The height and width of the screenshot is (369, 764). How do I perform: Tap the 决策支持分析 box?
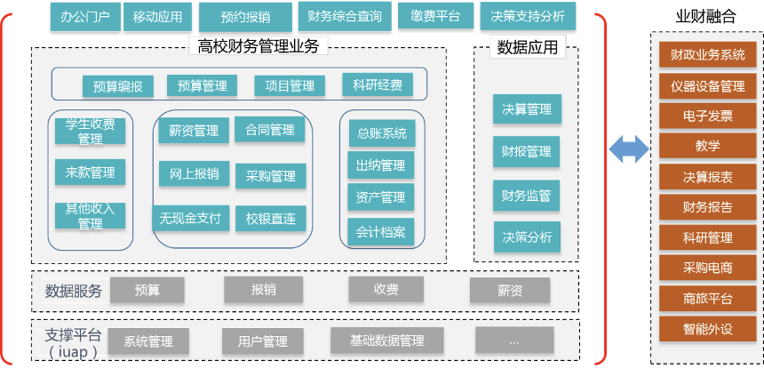pos(527,16)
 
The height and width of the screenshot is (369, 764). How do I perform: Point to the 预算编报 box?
pos(117,86)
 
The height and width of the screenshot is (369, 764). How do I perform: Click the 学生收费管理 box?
pos(90,131)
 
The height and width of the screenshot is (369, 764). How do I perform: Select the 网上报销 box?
pos(195,174)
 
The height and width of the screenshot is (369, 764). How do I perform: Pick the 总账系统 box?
pos(381,133)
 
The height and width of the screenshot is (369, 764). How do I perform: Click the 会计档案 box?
pos(380,232)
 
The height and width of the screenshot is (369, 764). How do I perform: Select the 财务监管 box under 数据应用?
pos(527,195)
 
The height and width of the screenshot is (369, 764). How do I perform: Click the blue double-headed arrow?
pos(629,148)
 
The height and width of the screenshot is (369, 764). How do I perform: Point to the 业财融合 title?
pos(707,16)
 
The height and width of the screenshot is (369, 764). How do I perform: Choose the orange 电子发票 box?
pos(707,116)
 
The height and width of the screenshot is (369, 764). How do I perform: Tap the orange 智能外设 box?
pos(707,328)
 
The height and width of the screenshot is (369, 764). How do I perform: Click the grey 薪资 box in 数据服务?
pos(510,291)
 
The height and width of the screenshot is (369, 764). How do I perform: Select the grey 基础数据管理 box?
pos(386,341)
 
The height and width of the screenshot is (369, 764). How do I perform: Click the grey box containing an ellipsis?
pos(514,341)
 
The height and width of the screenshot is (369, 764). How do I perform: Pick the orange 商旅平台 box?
pos(707,298)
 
